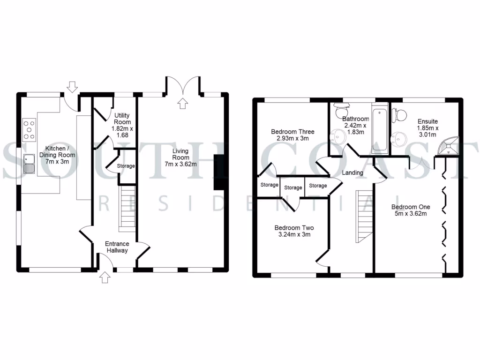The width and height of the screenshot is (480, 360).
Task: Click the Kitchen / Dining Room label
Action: pos(57,155)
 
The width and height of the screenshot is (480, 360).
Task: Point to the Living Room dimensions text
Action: pos(180,164)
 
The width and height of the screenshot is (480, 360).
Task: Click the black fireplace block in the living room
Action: pos(218,172)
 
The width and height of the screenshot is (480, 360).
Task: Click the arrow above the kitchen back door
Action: pos(72,87)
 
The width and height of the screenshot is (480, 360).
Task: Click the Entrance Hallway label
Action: pos(117,247)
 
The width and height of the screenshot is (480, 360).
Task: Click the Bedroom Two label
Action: pos(294,231)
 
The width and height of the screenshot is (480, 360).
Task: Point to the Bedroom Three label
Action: pos(293,135)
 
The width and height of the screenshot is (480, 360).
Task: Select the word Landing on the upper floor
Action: pos(352,172)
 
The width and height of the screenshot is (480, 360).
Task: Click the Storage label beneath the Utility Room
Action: pos(126,166)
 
